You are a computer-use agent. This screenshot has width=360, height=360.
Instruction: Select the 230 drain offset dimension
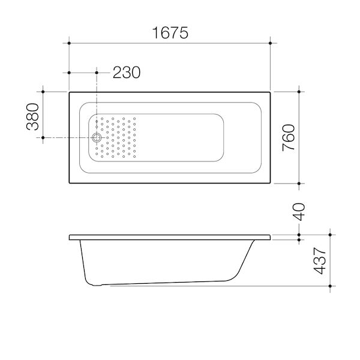click(x=126, y=73)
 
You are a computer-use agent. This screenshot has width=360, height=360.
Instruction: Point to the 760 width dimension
click(x=288, y=138)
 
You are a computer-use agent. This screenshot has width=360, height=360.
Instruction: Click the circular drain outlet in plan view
click(x=97, y=138)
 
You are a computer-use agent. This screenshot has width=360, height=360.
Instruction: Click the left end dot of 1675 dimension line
click(x=70, y=43)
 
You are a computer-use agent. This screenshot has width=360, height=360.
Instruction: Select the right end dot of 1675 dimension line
click(x=271, y=43)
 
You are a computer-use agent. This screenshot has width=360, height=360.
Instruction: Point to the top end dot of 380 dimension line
click(x=43, y=92)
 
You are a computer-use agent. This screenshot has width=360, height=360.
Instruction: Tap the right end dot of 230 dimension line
click(x=97, y=73)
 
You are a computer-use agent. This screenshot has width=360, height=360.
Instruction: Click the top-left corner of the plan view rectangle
click(x=70, y=92)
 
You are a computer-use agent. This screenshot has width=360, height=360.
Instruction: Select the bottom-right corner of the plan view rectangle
click(x=271, y=184)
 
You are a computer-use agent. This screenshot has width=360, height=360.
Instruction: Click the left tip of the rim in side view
click(x=70, y=236)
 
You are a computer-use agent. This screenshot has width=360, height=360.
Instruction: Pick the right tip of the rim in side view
click(x=271, y=236)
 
